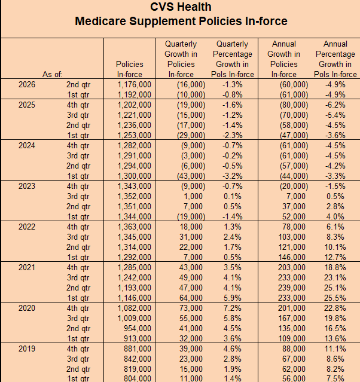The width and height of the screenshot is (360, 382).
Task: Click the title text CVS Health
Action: coord(181,7)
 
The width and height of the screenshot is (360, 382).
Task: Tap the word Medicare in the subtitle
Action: coord(100,21)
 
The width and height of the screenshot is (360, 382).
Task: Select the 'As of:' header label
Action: coord(53,74)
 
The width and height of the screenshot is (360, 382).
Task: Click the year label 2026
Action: coord(27,84)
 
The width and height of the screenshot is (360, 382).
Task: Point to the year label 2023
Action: coord(27,186)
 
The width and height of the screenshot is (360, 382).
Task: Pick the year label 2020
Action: coord(27,308)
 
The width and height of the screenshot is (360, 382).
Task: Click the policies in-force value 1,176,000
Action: coord(135,84)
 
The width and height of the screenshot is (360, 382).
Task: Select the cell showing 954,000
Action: coord(138,328)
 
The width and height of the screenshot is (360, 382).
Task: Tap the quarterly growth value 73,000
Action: coord(191,308)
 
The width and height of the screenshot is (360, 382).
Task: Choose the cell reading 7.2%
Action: coord(233,308)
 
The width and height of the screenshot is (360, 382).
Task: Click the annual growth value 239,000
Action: coord(292,288)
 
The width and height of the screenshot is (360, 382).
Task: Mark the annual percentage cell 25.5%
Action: coord(335,298)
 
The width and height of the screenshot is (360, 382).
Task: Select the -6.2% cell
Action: coord(335,105)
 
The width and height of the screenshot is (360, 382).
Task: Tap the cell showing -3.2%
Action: coord(233,176)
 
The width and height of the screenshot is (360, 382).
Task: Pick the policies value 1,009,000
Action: coord(135,318)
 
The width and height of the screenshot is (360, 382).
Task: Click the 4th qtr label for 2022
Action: coord(78,227)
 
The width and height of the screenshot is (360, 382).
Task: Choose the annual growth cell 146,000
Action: coord(292,257)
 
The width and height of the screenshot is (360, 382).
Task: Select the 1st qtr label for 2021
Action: coord(78,298)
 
